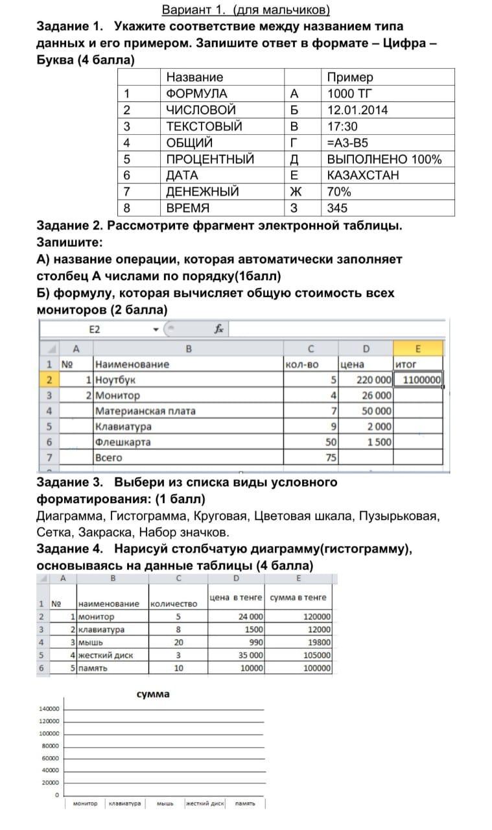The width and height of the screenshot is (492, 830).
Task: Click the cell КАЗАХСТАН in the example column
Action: tap(363, 175)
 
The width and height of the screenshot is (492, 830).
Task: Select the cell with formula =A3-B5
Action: tap(348, 143)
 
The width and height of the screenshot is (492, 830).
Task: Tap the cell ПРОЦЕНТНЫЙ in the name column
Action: tap(210, 159)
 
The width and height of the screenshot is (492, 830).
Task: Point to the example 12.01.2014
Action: tap(357, 110)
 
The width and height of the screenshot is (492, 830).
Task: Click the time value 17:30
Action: tap(342, 126)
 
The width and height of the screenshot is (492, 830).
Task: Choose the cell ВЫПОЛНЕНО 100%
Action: tap(384, 159)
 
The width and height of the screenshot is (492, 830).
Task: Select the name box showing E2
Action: tap(95, 329)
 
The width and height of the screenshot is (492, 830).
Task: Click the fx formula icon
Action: tap(219, 329)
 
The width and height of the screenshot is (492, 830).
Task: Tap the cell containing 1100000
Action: tap(422, 380)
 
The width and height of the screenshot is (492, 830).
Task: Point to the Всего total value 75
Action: tap(331, 458)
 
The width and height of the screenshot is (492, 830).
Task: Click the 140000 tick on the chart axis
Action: tap(49, 709)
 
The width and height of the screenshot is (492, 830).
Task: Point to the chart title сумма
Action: tap(153, 694)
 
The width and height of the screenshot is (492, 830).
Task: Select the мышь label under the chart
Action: tap(165, 804)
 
